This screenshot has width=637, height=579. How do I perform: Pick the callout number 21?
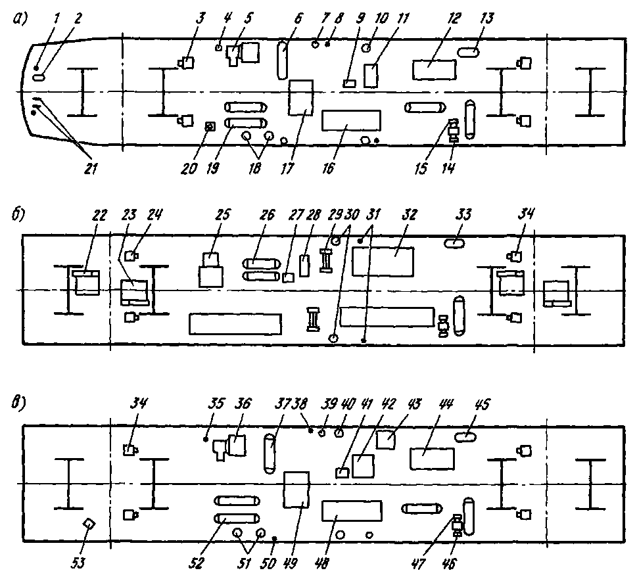coord(90,169)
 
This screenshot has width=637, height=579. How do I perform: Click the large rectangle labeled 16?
coord(352,121)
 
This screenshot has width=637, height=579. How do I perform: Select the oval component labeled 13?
coord(469,51)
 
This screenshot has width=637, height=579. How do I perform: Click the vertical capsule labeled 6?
coord(282,59)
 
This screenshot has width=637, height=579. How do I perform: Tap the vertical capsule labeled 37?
coord(269,452)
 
